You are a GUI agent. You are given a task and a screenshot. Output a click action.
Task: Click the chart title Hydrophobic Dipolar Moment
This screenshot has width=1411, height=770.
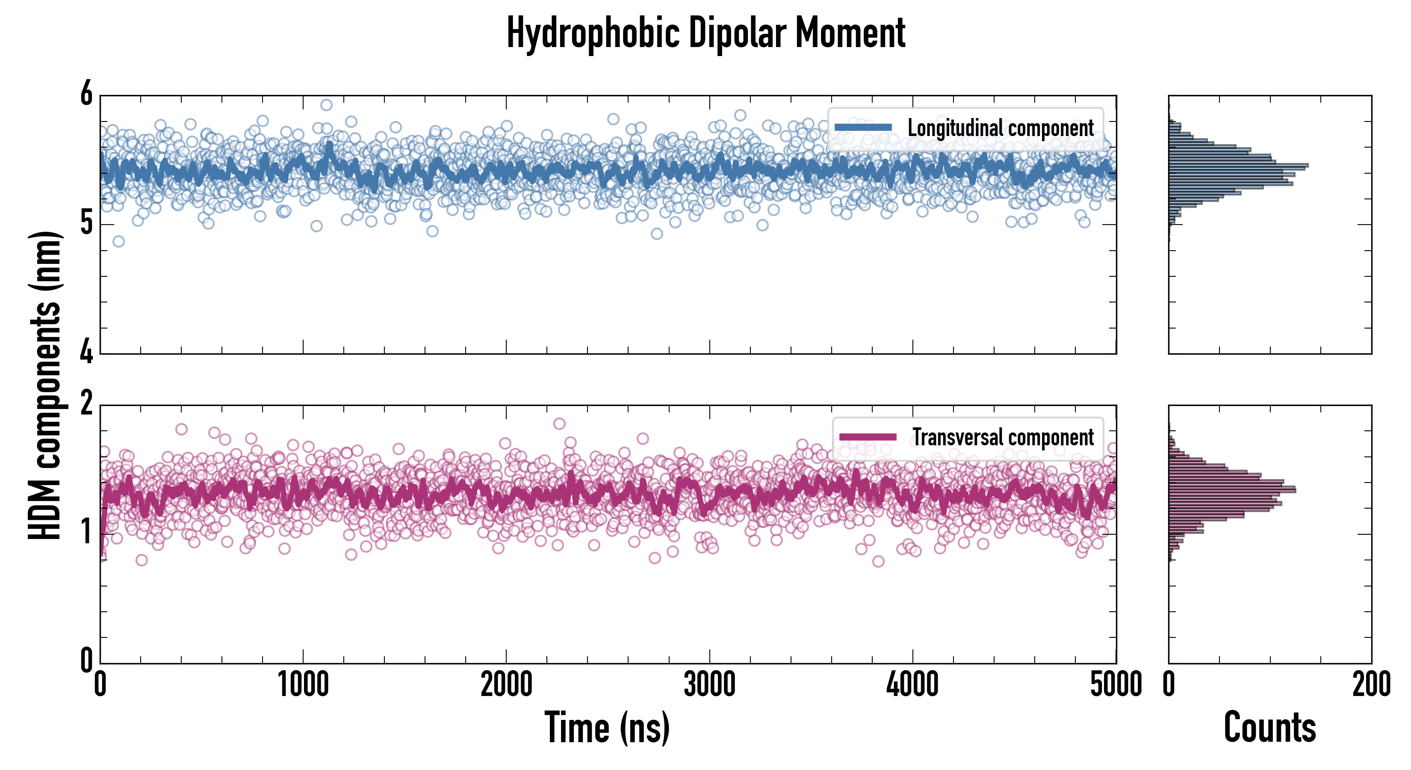click(x=705, y=33)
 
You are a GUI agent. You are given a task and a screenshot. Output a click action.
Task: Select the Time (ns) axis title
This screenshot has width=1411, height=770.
click(x=607, y=727)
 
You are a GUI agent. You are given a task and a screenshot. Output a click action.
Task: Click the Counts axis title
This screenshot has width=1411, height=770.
click(x=1269, y=727)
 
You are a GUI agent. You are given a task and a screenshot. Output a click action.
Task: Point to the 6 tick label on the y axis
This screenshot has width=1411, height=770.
click(x=86, y=94)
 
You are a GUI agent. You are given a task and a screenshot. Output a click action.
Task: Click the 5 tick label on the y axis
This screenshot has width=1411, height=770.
click(x=86, y=223)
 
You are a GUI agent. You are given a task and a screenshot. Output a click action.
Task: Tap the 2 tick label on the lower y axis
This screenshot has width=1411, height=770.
click(x=86, y=404)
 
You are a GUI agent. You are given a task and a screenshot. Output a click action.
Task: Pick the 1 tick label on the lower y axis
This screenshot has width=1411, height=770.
click(x=86, y=533)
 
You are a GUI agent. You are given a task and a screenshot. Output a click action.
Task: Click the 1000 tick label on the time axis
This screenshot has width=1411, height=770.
click(x=303, y=684)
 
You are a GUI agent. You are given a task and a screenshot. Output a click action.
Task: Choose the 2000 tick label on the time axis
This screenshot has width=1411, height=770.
click(x=506, y=684)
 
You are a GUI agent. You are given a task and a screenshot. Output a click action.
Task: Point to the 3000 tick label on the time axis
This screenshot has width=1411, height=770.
click(x=709, y=684)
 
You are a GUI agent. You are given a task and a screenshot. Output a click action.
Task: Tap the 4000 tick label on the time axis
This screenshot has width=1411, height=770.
click(x=912, y=684)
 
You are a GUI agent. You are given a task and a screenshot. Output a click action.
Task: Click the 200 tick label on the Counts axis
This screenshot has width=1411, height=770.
click(x=1371, y=684)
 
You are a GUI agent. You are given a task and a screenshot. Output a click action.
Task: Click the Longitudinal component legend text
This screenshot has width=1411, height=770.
click(x=1000, y=128)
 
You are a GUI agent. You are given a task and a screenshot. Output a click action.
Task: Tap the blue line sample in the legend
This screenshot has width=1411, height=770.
click(x=863, y=127)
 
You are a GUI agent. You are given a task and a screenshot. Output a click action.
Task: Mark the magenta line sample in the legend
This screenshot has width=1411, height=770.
click(x=868, y=437)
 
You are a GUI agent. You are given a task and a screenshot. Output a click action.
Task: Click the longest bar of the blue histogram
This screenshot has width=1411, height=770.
click(x=1238, y=165)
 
